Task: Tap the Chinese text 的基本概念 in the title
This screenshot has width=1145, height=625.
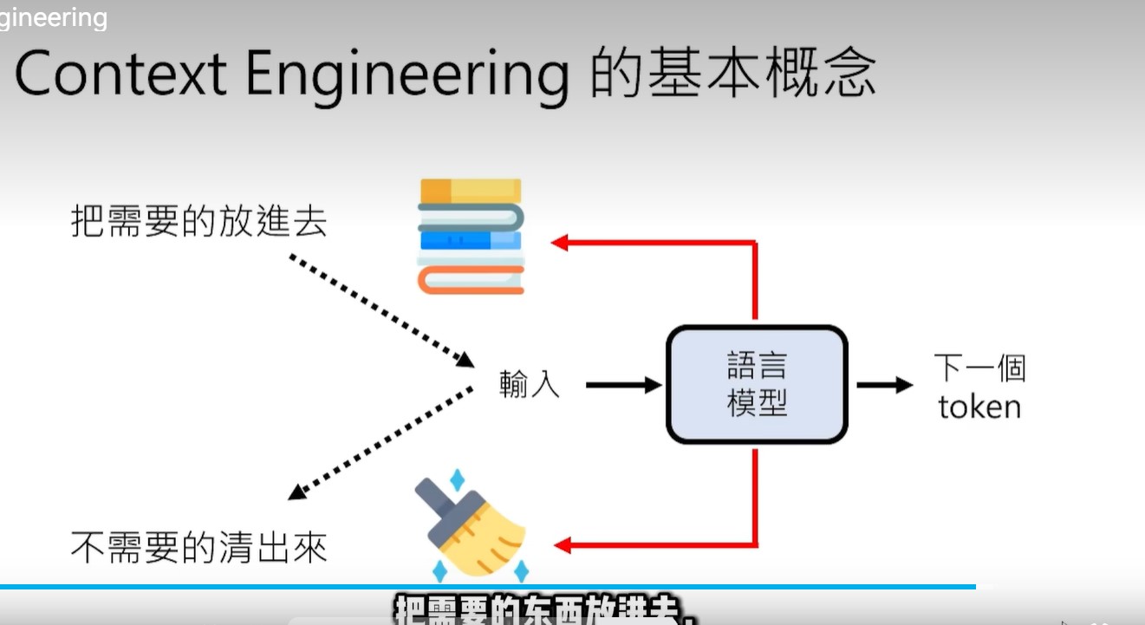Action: pos(732,74)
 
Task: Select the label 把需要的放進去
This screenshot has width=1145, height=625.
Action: pos(199,222)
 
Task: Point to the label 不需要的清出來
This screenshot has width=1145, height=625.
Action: pos(199,548)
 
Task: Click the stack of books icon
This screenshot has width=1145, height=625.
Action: pos(471,236)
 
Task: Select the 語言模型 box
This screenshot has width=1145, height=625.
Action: pos(757,385)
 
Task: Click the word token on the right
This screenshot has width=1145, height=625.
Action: pos(979,407)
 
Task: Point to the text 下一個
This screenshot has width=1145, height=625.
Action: pos(979,368)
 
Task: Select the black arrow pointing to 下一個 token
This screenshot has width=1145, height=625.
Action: pos(884,385)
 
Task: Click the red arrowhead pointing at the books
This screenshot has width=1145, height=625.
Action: pos(561,243)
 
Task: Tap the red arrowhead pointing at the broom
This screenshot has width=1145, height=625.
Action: pos(563,545)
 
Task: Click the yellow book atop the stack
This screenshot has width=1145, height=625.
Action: pos(471,190)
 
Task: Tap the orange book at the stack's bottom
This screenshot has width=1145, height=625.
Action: pos(471,280)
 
